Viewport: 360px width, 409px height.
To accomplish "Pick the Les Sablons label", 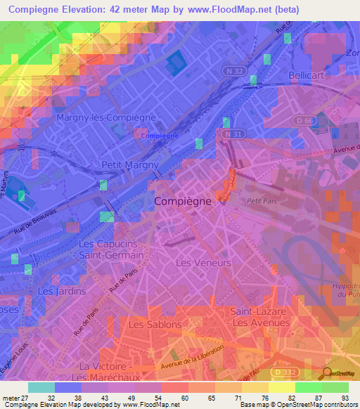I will [x=155, y=325].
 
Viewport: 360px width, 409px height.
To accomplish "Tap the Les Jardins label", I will [x=62, y=290].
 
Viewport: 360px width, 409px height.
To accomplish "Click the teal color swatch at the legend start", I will [x=41, y=387].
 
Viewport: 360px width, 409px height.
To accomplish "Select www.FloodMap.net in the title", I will [x=229, y=10].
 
